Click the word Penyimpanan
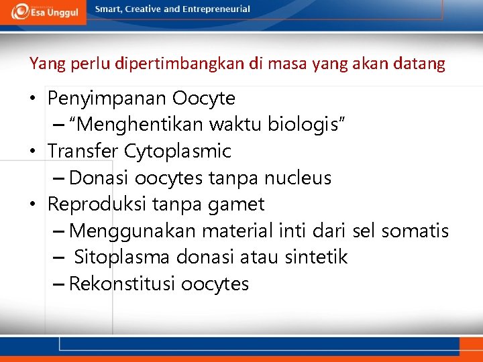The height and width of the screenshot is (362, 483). (107, 99)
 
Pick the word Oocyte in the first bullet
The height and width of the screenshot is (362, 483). (204, 99)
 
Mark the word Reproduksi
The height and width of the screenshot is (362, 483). (97, 204)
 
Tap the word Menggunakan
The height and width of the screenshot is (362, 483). (133, 231)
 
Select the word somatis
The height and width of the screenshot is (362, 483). (415, 231)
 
